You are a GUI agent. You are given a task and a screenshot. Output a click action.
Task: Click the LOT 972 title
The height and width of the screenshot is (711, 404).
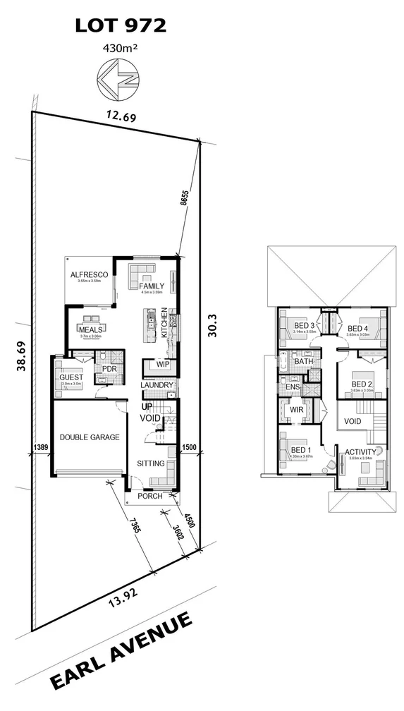121,27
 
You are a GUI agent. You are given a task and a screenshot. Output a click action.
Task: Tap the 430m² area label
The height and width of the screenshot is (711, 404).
121,49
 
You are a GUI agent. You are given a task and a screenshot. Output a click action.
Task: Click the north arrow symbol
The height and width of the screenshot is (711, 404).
116,77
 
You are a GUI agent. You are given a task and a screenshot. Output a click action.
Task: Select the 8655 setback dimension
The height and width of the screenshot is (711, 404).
184,201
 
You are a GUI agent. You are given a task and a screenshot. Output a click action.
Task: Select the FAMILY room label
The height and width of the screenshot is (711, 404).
152,286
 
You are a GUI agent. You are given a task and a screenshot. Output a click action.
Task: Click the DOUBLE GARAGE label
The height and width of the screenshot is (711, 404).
89,437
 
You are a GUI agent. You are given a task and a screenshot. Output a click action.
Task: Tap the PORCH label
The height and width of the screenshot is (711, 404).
151,496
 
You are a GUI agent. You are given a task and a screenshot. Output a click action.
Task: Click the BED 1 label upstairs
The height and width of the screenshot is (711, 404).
300,450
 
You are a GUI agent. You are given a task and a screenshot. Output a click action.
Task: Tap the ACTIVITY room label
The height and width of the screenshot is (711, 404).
360,451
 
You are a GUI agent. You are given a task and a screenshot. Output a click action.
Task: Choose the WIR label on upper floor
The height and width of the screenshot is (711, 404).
297,409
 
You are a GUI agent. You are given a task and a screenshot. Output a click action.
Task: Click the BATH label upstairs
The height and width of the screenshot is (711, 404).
304,361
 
